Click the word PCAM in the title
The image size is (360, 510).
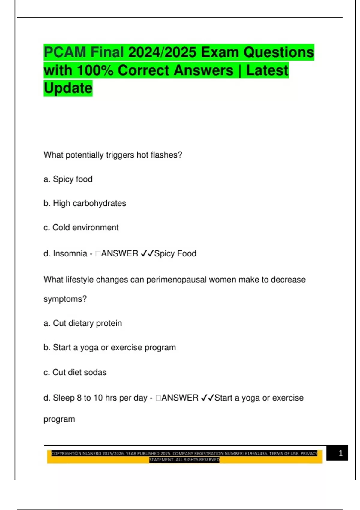click(x=65, y=52)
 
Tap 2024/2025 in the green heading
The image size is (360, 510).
click(x=162, y=52)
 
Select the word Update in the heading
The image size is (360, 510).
click(x=68, y=88)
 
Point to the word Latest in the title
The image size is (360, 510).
click(x=267, y=70)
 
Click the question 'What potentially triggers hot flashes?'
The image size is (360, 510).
click(x=113, y=155)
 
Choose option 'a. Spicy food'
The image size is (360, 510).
click(x=68, y=179)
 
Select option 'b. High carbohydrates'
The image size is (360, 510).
click(x=85, y=203)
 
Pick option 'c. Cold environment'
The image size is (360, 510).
click(x=81, y=228)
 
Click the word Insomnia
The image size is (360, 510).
click(x=70, y=254)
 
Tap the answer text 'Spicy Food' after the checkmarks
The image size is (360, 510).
click(x=175, y=254)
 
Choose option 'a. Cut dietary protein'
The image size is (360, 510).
click(x=83, y=323)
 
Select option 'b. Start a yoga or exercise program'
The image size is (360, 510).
click(x=110, y=348)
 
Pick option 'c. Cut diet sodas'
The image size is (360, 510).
click(x=75, y=372)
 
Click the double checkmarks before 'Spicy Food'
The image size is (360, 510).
click(x=147, y=254)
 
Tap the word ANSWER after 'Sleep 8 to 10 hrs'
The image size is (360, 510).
click(x=180, y=398)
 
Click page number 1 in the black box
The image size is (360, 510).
click(x=340, y=453)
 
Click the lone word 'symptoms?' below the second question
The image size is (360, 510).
click(x=65, y=299)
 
